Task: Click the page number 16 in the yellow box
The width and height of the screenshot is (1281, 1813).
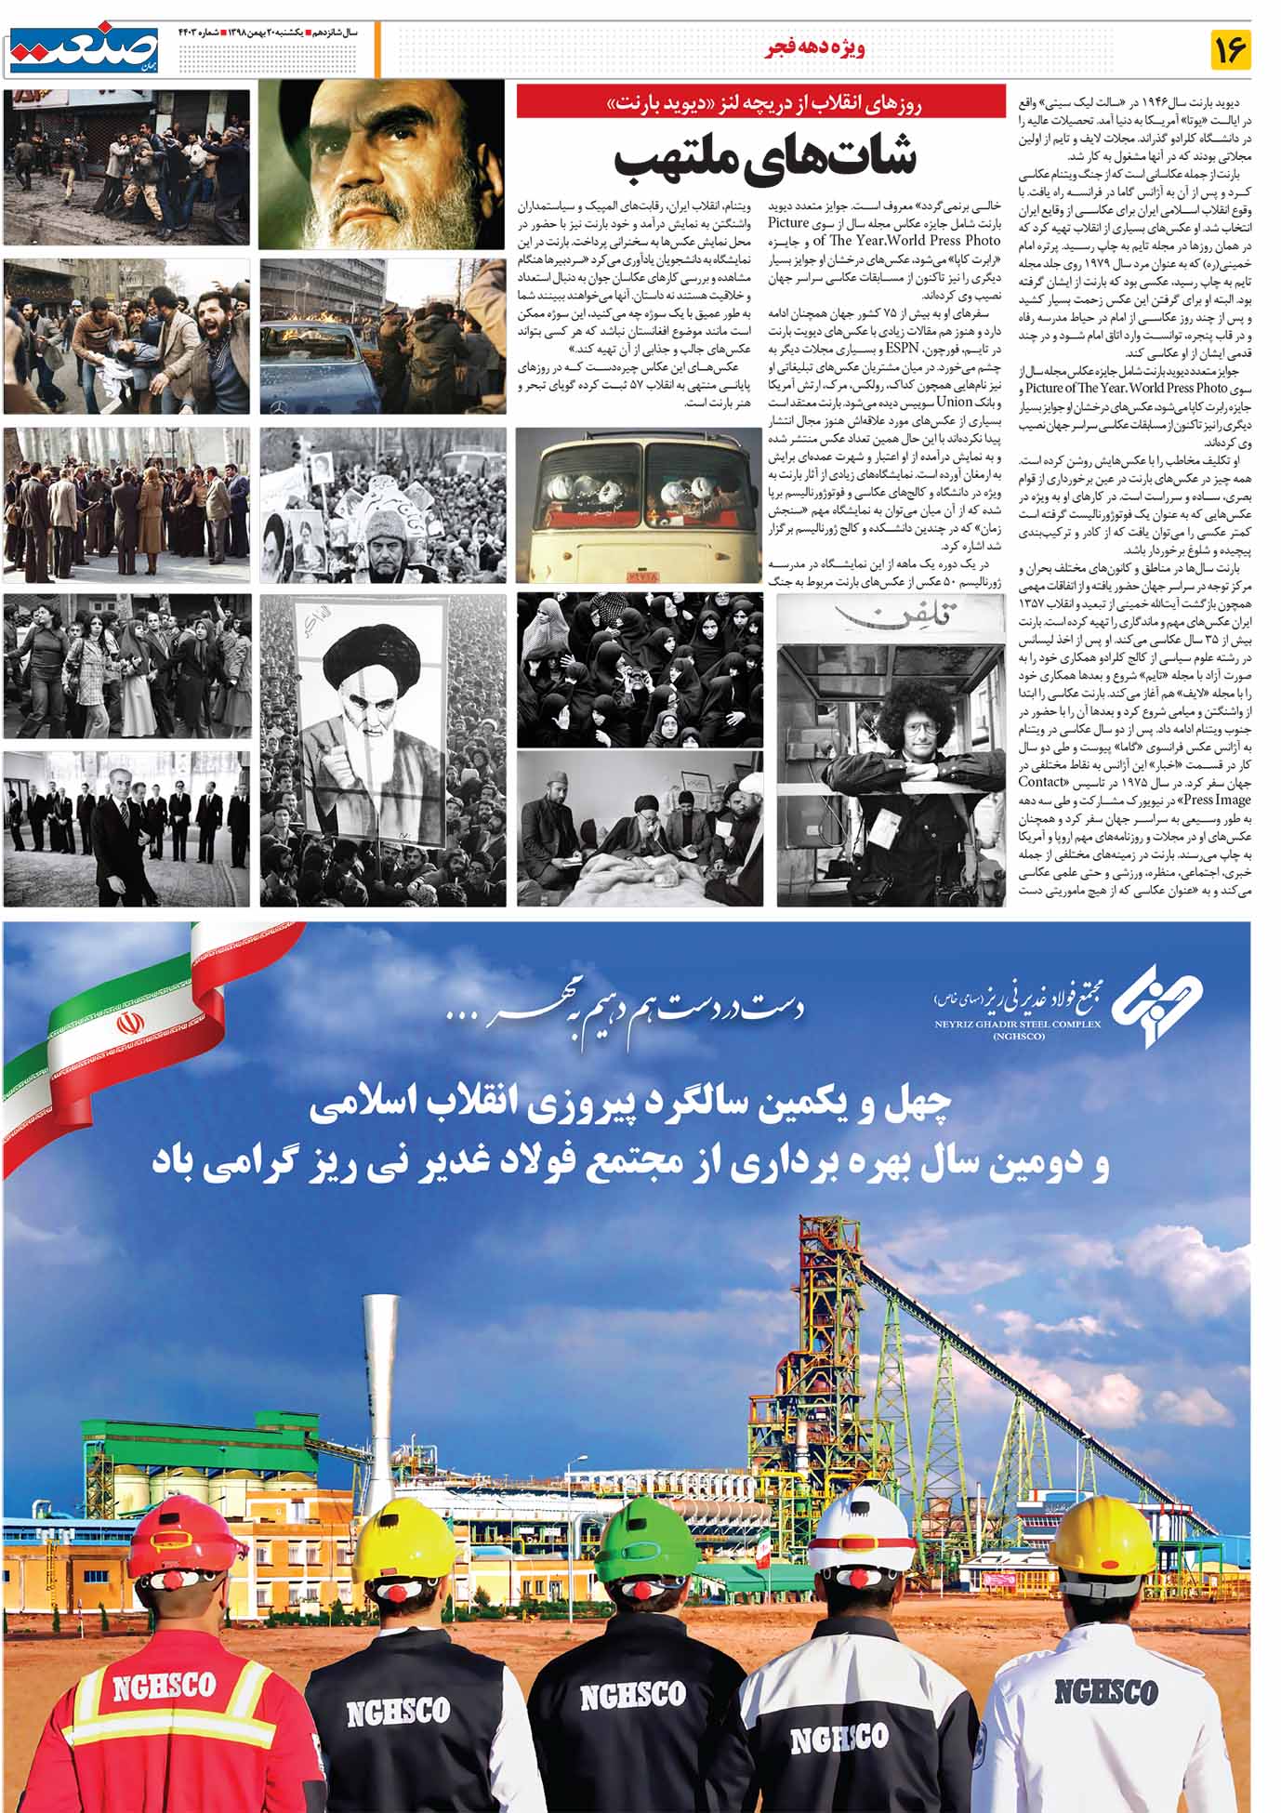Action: pos(1230,49)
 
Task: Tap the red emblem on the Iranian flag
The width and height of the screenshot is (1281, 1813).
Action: pos(128,1026)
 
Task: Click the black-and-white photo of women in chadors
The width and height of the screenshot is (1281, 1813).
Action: pos(639,668)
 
